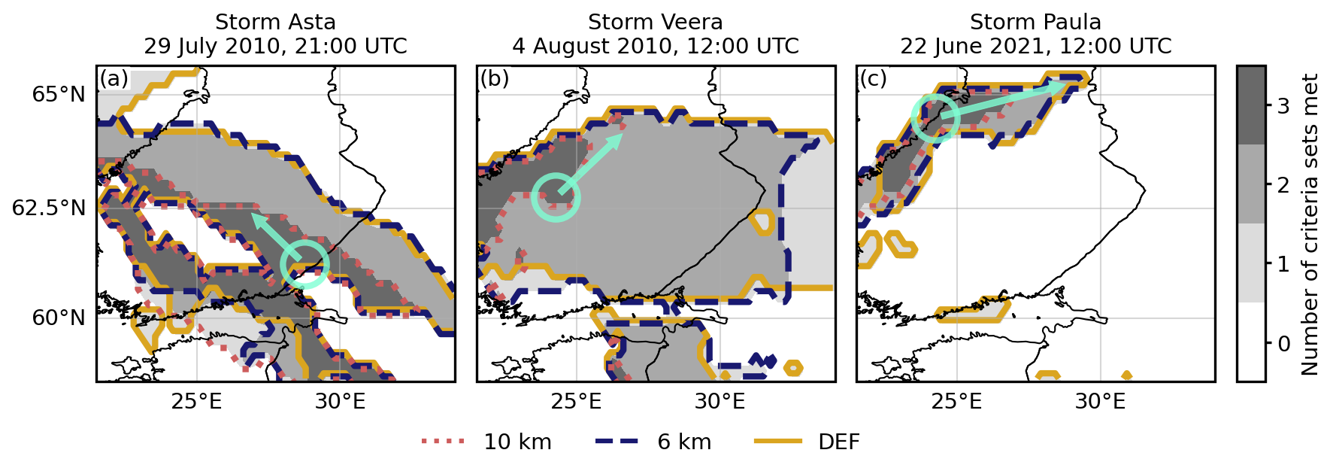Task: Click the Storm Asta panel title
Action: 276,35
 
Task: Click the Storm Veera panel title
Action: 656,35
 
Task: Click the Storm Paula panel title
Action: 1036,35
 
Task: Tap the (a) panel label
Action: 114,79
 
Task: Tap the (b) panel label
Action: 495,79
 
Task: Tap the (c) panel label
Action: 874,79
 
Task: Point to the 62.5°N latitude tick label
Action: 50,208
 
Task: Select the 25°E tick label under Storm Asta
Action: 196,401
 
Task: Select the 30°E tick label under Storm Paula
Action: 1100,401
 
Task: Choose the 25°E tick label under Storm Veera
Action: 576,401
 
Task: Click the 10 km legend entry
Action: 487,442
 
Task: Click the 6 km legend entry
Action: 653,442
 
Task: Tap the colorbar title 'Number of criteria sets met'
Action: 1310,224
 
